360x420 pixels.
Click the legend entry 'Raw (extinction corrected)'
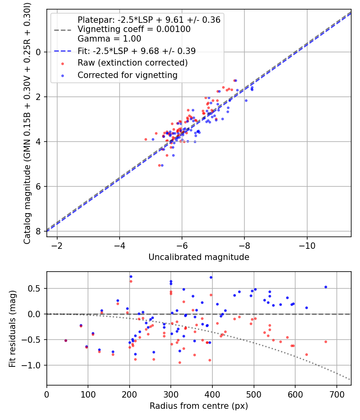coord(132,63)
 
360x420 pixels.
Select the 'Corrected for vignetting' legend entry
coord(128,75)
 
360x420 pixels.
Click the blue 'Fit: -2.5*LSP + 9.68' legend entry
coord(136,51)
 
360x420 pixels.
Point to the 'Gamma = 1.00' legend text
coord(109,39)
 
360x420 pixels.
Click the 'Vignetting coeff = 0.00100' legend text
coord(134,29)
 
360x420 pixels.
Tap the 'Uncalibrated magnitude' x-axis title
coord(199,257)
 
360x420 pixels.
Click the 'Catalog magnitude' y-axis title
coord(27,122)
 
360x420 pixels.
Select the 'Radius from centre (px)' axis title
coord(199,406)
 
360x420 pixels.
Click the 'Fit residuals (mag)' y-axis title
coord(13,328)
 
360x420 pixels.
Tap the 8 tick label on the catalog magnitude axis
coord(38,231)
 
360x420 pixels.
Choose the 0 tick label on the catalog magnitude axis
coord(38,52)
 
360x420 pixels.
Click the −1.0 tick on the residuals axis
coord(34,365)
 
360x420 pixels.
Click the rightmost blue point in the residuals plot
coord(326,287)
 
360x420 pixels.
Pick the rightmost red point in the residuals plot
coord(326,342)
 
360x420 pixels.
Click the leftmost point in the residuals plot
coord(66,340)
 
